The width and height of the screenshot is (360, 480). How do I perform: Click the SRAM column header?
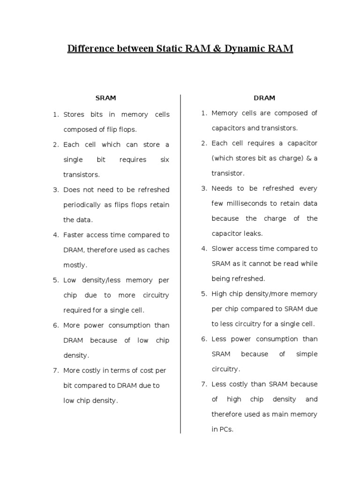point(105,98)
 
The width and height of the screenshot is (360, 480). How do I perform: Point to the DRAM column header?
point(264,98)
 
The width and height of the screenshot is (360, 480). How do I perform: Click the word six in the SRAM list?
point(165,160)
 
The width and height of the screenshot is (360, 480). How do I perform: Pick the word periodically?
point(82,205)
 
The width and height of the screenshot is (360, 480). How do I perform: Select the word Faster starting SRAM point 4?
point(74,235)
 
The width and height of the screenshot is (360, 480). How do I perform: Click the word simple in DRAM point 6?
point(307,354)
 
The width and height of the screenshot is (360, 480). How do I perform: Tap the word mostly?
point(75,265)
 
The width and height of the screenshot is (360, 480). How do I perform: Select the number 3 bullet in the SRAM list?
point(55,190)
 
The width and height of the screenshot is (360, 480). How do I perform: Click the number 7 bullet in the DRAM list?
point(204,384)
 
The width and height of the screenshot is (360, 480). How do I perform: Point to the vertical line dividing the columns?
point(180,262)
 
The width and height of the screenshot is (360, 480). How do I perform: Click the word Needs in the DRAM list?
point(222,188)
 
